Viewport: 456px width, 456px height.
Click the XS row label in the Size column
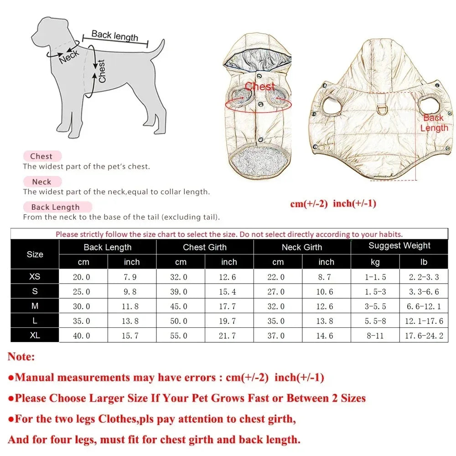(x=35, y=276)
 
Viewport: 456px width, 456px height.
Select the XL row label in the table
(x=35, y=335)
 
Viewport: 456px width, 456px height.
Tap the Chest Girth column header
(x=205, y=247)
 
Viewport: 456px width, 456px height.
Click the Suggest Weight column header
(x=399, y=246)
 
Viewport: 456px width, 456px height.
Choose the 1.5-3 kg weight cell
(x=375, y=291)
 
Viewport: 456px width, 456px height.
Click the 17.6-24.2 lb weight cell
(x=424, y=336)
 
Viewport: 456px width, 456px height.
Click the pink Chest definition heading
(x=41, y=156)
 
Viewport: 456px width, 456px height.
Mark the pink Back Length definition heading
(x=56, y=207)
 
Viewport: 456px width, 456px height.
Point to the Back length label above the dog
(x=114, y=36)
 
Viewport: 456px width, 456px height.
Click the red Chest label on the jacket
(x=260, y=87)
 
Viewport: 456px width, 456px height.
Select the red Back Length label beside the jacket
(x=434, y=123)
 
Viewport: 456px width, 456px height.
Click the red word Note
(x=21, y=357)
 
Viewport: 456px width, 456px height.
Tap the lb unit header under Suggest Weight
(x=424, y=262)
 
